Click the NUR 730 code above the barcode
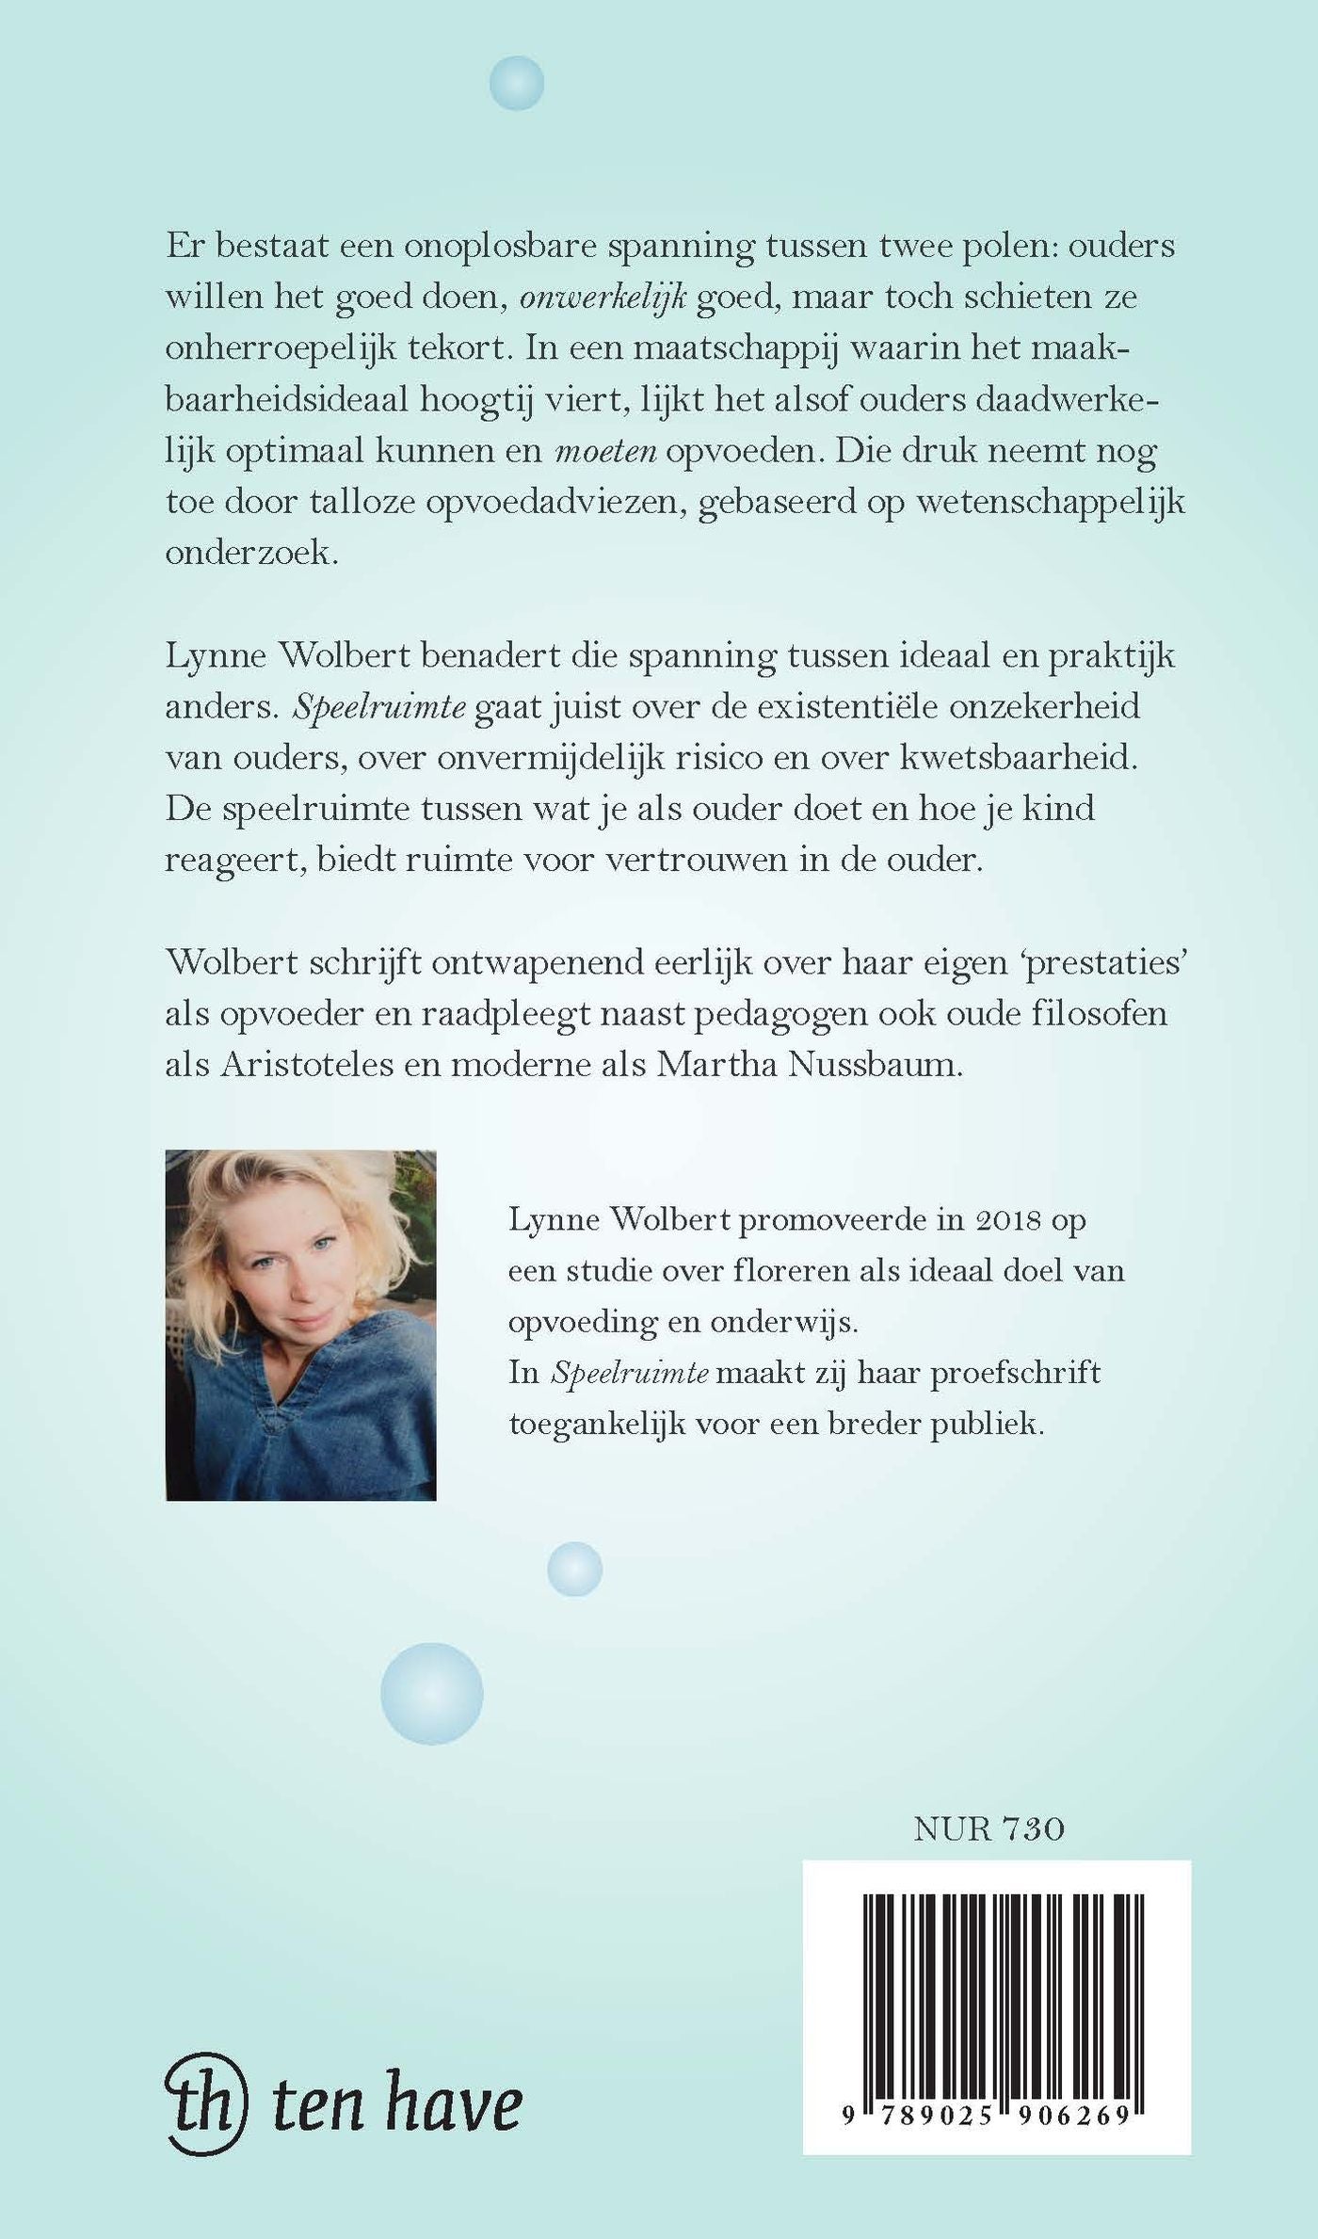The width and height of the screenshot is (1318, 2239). (x=988, y=1828)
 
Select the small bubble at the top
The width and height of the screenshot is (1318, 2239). (x=517, y=83)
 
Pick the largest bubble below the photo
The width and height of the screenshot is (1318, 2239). (x=431, y=1693)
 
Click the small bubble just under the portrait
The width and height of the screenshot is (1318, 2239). (x=574, y=1569)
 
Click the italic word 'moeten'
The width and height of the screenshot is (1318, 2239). (x=605, y=451)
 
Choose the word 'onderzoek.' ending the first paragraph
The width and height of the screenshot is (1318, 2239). (x=251, y=553)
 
